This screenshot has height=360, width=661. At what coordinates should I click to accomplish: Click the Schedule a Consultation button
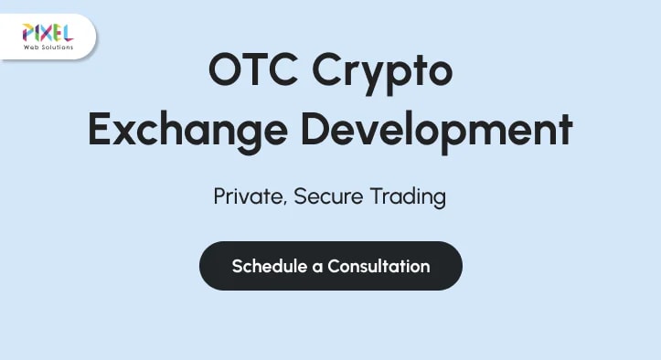click(x=330, y=266)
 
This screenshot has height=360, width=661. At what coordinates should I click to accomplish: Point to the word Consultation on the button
click(x=378, y=266)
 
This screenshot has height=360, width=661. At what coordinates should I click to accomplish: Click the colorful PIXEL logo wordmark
click(x=48, y=34)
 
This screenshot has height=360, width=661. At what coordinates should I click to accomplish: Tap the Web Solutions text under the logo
click(x=48, y=48)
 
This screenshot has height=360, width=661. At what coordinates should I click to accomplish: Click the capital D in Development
click(x=321, y=129)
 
